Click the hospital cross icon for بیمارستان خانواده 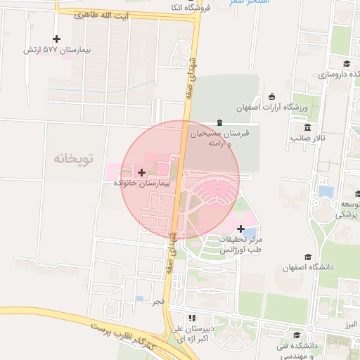142,172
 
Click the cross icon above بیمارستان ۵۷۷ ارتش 57,39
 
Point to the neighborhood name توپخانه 73,158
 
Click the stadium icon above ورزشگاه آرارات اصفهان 272,96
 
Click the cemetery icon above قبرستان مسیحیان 220,122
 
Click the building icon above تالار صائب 308,127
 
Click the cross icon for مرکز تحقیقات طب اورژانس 241,229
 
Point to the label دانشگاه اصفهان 302,267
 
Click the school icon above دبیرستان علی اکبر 191,318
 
